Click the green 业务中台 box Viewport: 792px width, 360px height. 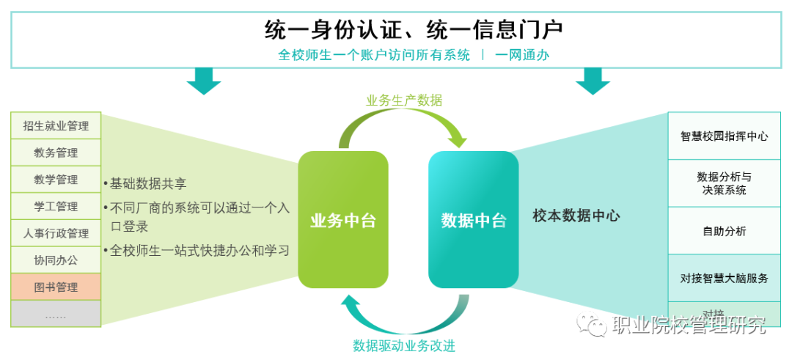point(342,219)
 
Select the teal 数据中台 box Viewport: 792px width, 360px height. point(473,219)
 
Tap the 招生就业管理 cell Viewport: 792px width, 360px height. point(56,126)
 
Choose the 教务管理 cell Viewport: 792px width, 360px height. point(56,153)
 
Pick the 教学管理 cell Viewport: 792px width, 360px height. point(56,180)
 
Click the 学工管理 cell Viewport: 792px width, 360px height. point(56,207)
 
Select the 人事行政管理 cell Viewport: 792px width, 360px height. point(56,234)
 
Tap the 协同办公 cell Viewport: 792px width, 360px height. point(56,260)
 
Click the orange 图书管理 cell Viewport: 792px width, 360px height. point(56,287)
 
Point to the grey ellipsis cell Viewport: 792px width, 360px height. point(56,314)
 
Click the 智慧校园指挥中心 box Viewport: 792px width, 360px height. point(724,136)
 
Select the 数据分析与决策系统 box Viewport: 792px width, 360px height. point(724,183)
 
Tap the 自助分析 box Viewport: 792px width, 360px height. point(724,231)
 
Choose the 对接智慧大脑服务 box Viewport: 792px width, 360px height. point(724,279)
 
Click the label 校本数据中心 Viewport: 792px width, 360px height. point(576,216)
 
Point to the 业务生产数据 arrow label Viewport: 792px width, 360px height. point(404,100)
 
